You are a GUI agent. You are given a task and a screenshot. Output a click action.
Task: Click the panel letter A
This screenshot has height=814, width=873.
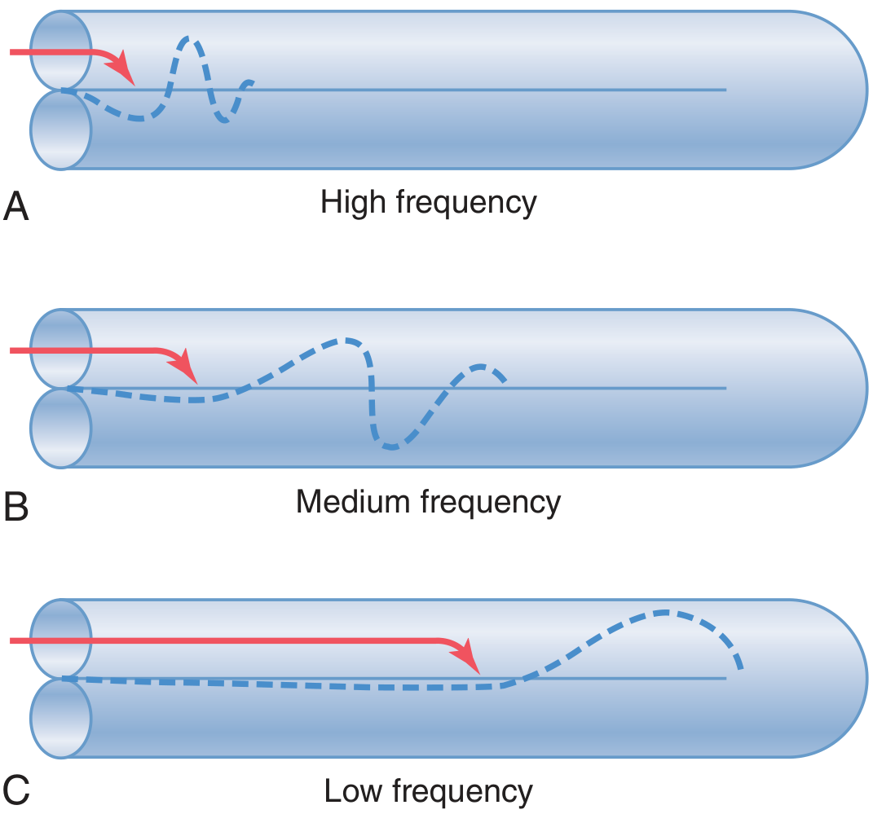15,206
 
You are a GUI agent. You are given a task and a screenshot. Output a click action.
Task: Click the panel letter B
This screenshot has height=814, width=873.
15,506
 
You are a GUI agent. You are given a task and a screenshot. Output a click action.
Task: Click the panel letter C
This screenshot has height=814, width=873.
16,790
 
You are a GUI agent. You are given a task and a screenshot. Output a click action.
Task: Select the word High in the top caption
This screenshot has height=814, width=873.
353,203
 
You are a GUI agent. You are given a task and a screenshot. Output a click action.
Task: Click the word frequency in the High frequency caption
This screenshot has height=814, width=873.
466,204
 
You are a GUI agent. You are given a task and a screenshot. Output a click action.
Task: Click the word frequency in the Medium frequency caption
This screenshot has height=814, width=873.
491,503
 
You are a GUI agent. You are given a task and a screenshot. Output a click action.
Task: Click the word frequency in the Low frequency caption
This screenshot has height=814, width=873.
462,792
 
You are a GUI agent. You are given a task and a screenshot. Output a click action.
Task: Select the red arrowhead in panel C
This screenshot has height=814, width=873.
470,658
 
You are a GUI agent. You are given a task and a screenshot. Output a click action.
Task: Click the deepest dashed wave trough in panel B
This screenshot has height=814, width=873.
391,447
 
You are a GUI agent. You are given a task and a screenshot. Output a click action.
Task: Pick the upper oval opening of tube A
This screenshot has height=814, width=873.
60,50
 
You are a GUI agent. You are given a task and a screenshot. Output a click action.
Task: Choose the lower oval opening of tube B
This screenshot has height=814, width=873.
60,428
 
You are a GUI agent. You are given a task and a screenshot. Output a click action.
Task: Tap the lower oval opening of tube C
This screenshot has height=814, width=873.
60,719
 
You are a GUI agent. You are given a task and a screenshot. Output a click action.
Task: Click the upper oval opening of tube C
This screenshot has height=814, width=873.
60,639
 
